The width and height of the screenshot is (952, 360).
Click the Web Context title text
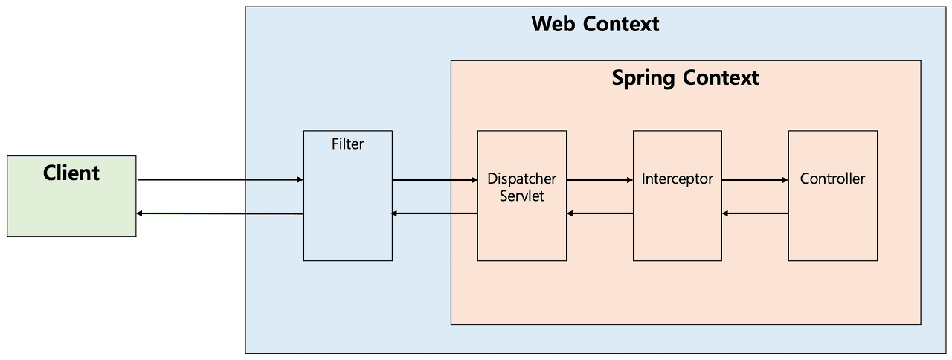595,24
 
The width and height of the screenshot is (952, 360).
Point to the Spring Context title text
685,77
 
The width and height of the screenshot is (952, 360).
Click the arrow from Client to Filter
220,179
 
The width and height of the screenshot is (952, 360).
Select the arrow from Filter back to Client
220,214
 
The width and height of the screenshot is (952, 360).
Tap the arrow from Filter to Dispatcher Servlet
434,179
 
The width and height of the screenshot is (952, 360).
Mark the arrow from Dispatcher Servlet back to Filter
434,214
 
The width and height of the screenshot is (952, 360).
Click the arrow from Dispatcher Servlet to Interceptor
599,179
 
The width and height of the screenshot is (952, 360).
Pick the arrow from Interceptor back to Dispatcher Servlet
599,214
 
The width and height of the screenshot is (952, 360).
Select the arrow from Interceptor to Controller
755,179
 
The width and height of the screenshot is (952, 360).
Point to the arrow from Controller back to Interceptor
755,214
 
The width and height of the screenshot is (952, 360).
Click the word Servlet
521,196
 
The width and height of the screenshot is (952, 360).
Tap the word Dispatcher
521,179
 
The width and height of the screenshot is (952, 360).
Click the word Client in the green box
71,173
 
